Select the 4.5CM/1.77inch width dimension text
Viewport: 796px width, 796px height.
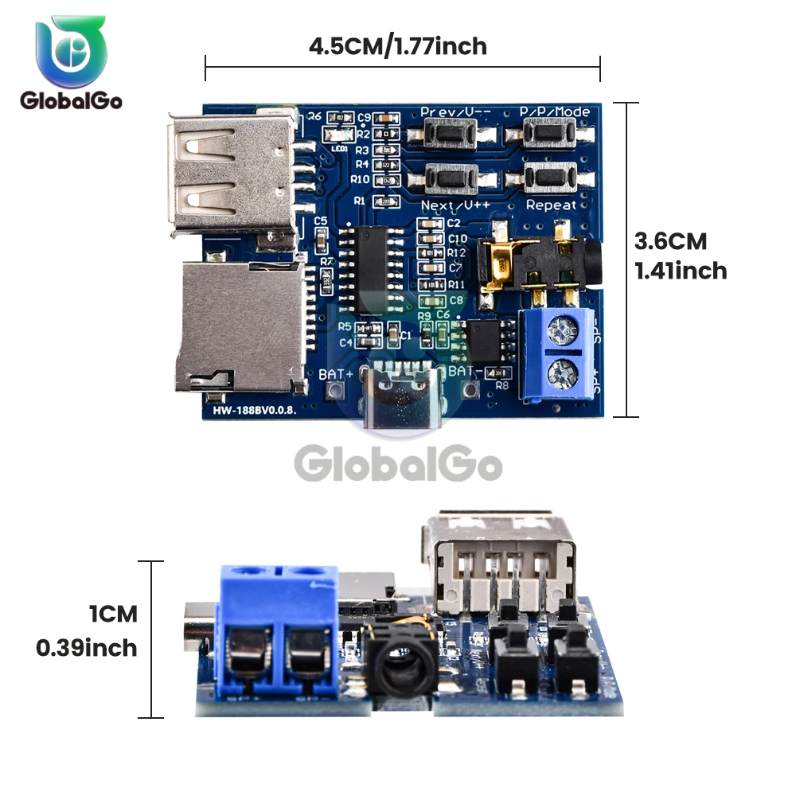pos(398,46)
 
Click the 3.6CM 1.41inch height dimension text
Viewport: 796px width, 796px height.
pos(681,256)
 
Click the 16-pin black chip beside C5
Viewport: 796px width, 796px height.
pos(371,263)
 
